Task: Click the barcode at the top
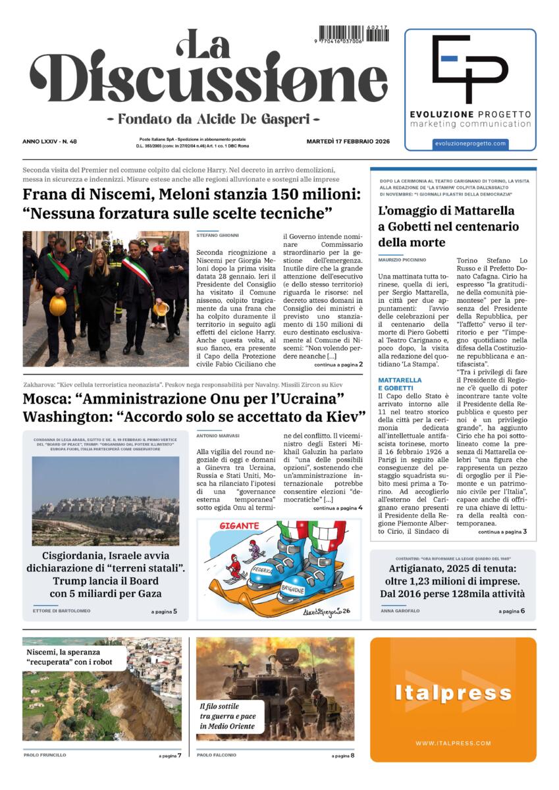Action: tap(354, 34)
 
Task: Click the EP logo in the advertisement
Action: tap(470, 68)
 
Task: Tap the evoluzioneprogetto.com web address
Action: tap(470, 144)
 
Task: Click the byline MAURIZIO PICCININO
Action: tap(402, 260)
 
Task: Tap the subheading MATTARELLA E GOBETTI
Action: tap(400, 384)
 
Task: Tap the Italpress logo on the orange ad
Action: tap(453, 693)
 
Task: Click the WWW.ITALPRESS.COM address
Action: tap(453, 743)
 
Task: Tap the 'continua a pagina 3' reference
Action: tap(502, 531)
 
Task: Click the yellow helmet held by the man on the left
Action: tap(58, 305)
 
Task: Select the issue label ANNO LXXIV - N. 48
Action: tap(49, 142)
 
